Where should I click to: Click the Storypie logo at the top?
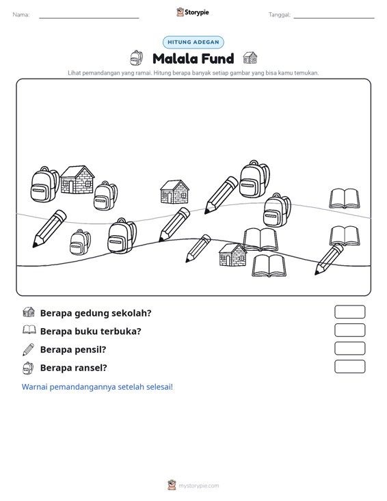[193, 12]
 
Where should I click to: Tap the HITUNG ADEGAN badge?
[193, 42]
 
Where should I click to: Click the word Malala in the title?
[175, 59]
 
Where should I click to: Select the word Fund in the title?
[218, 59]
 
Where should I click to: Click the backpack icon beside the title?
[137, 58]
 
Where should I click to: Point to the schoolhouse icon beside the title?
[250, 58]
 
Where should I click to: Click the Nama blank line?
[89, 18]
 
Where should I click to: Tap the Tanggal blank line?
[334, 18]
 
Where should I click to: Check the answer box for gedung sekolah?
[350, 312]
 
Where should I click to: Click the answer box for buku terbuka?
[350, 330]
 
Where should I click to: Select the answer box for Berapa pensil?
[350, 349]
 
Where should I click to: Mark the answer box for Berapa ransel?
[350, 366]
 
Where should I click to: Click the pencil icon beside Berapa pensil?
[28, 349]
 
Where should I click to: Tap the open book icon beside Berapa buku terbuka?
[29, 329]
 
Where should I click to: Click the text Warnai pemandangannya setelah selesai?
[97, 387]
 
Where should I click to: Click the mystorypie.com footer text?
[199, 486]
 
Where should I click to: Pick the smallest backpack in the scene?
[80, 242]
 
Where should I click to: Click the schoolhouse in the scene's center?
[174, 191]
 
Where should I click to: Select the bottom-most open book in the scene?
[269, 265]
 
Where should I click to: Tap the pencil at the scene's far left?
[49, 228]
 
